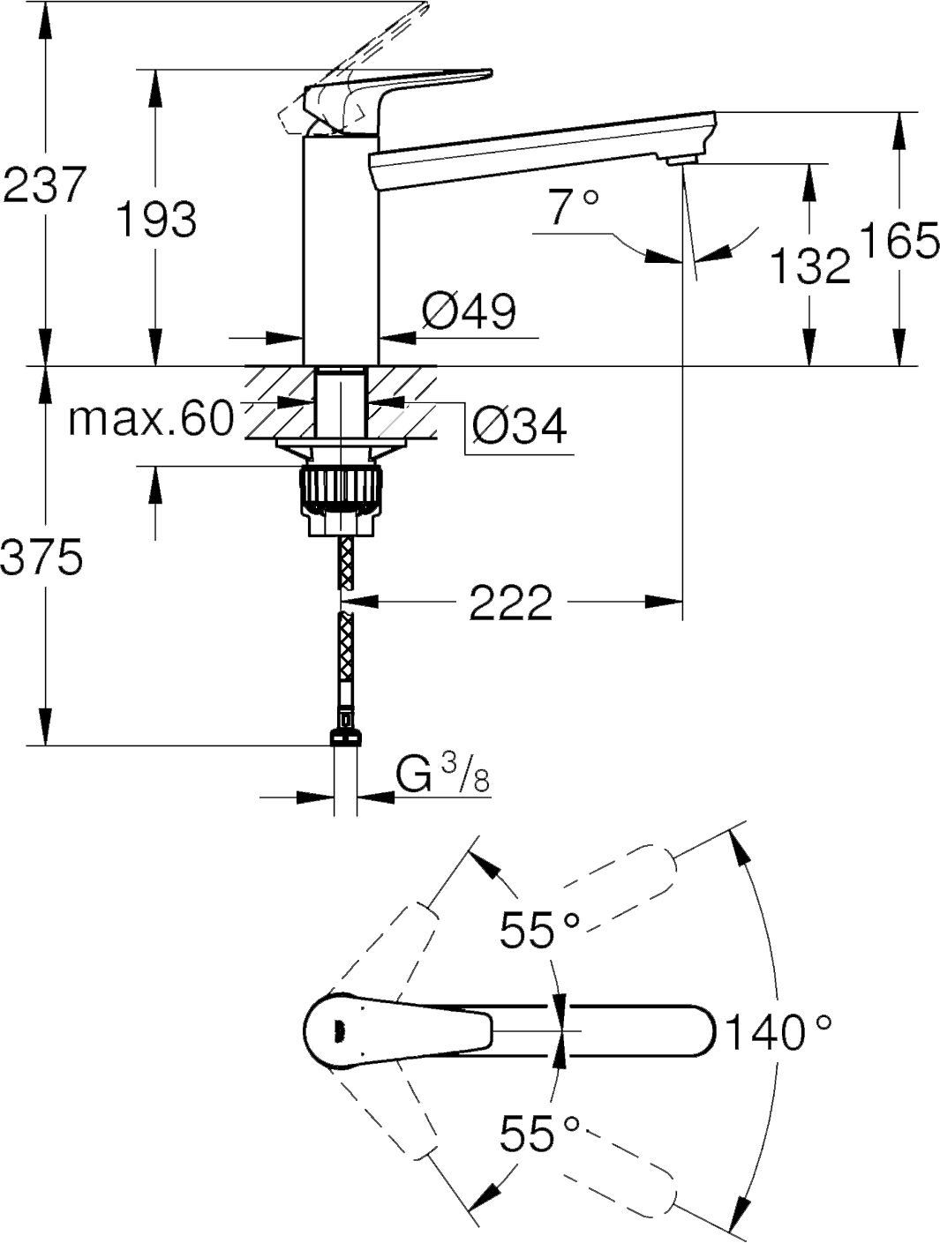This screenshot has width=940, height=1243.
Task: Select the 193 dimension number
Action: click(157, 219)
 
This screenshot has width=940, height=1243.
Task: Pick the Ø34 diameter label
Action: click(519, 426)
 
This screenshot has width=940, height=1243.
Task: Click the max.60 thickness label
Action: click(151, 419)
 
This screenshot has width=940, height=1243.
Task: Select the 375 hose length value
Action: click(42, 558)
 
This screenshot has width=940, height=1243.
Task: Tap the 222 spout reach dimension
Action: click(510, 602)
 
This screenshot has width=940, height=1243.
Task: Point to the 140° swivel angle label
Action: click(778, 1031)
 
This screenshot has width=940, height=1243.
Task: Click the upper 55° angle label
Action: click(539, 928)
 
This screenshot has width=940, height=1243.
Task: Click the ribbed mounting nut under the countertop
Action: click(340, 490)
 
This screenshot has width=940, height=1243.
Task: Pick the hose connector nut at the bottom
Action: click(346, 737)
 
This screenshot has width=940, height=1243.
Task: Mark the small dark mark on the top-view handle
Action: click(338, 1030)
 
